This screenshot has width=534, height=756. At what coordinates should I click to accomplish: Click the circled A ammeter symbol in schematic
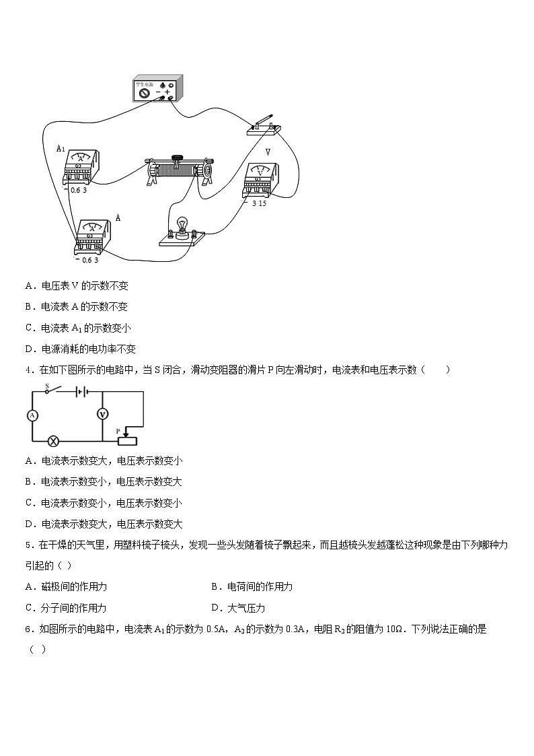[32, 415]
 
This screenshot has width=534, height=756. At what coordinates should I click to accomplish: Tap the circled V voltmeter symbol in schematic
[102, 415]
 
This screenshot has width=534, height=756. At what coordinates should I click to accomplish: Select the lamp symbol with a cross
[55, 442]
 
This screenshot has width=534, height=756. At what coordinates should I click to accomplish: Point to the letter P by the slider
[118, 431]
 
